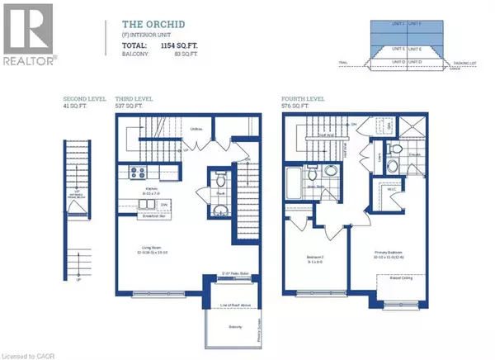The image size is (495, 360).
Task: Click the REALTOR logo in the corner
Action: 28,33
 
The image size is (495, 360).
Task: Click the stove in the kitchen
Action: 135,173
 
